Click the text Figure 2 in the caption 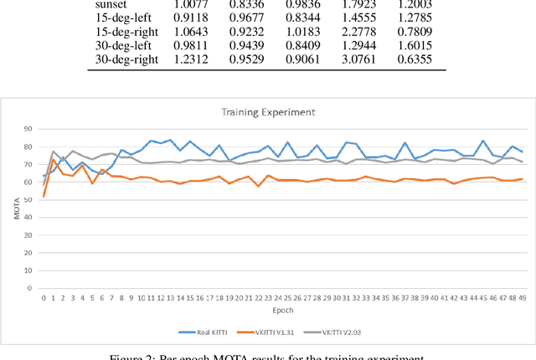pyautogui.click(x=134, y=356)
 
